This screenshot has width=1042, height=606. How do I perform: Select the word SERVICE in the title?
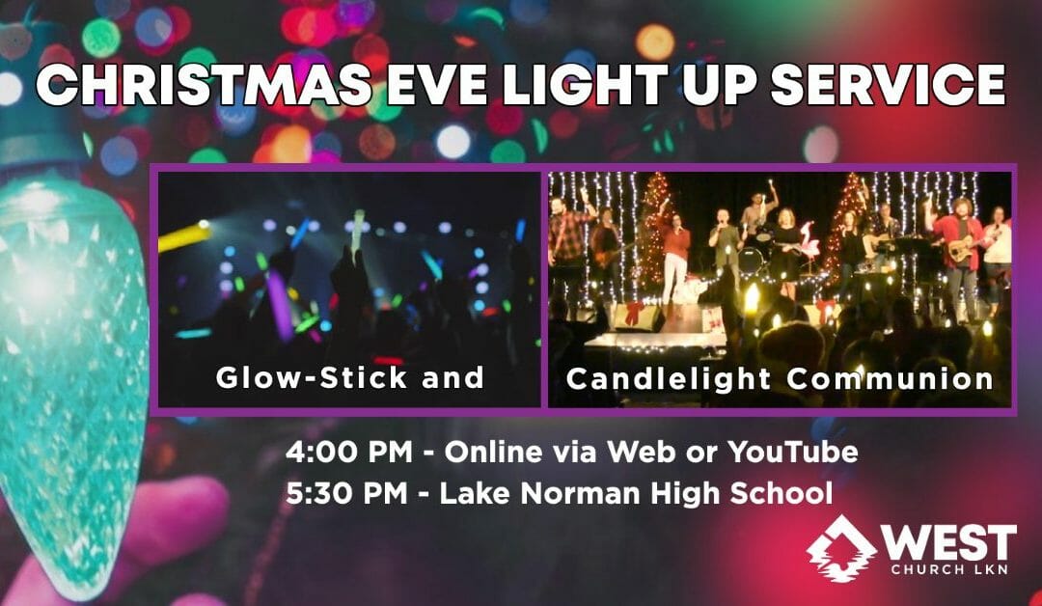click(x=889, y=85)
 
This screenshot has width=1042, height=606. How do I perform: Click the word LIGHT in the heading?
click(x=586, y=85)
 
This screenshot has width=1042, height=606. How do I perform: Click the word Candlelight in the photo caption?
click(x=669, y=378)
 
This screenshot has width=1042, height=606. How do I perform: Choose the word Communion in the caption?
click(x=890, y=378)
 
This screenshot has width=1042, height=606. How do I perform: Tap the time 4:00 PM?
click(x=349, y=453)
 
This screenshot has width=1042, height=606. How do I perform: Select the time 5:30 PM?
click(x=347, y=494)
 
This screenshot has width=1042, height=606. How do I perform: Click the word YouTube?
click(x=792, y=453)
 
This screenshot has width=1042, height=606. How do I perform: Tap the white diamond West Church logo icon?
click(x=840, y=549)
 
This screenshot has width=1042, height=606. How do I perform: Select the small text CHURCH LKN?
click(x=949, y=569)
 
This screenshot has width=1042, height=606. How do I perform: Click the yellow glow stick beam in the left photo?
click(x=184, y=236)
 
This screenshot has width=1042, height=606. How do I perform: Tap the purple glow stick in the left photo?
click(x=281, y=305)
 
